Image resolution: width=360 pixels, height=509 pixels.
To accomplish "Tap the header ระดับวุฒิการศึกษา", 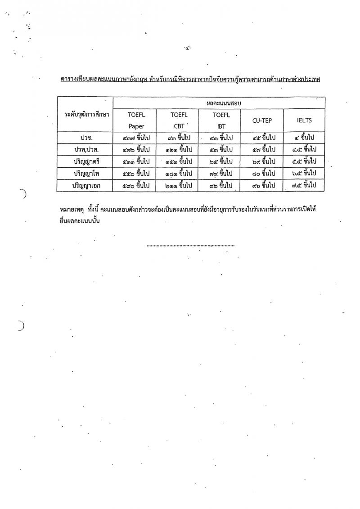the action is [x=85, y=114].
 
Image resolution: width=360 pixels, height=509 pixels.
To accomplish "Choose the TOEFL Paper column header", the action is [x=135, y=120].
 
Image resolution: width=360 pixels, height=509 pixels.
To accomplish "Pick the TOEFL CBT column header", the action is [x=179, y=120].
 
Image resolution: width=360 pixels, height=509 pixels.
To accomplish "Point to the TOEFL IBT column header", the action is [x=221, y=120].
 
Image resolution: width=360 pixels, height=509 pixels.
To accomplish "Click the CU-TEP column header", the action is [x=261, y=120].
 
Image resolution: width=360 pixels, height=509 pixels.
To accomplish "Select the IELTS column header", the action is [x=304, y=120].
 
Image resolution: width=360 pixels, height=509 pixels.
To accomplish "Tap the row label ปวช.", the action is [x=85, y=137].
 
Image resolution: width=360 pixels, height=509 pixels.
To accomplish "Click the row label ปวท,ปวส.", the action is [x=85, y=149].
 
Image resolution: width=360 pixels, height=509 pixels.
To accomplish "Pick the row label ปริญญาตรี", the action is [x=85, y=161].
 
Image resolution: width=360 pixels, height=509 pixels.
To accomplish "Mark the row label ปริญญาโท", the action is [x=85, y=173].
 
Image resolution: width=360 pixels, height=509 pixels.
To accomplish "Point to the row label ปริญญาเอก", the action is [x=85, y=185].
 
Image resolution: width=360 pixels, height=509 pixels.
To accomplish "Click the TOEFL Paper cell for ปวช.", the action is [x=135, y=137].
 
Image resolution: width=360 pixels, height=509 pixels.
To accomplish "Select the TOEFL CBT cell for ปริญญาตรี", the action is [x=179, y=161].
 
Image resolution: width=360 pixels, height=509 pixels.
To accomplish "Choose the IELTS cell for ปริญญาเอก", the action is [x=304, y=185].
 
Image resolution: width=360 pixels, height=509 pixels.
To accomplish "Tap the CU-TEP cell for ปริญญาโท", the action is [x=261, y=173].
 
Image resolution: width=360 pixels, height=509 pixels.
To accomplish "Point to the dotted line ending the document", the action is [x=191, y=246].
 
